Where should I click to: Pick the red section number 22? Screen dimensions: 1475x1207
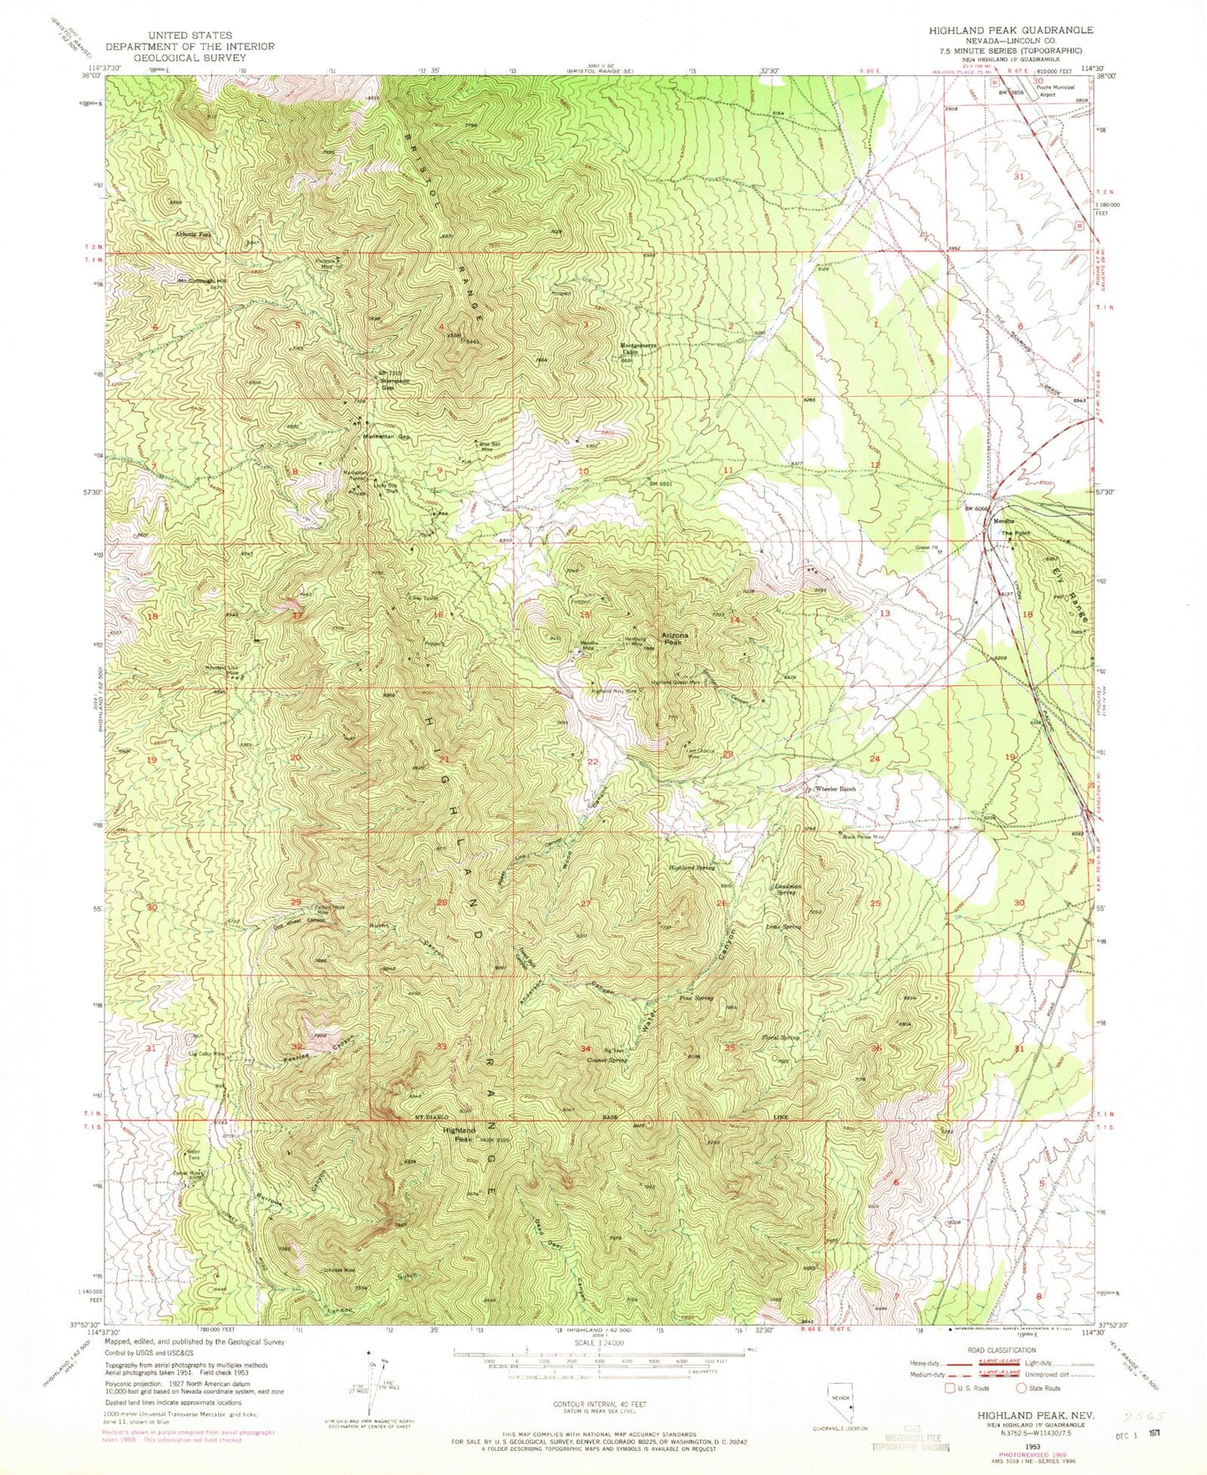[592, 763]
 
